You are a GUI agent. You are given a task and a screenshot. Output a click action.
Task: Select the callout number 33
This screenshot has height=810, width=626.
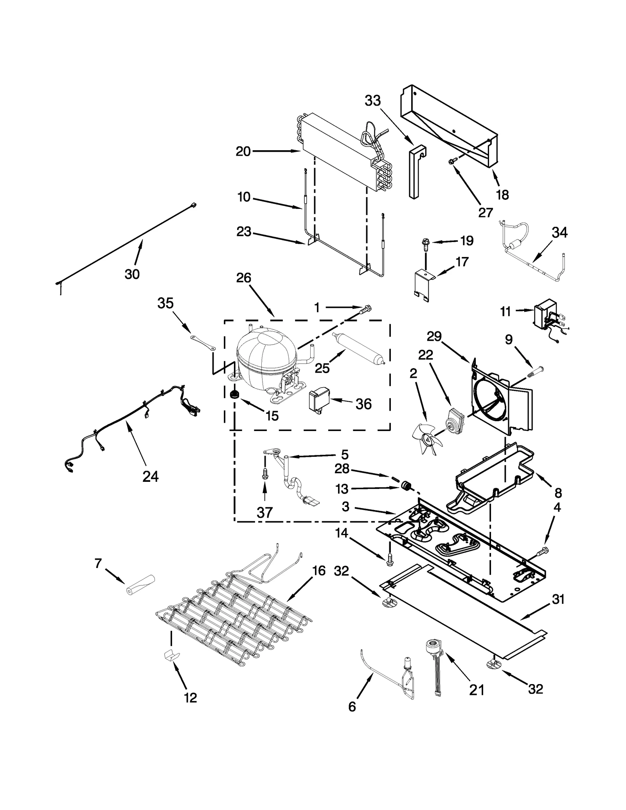(372, 101)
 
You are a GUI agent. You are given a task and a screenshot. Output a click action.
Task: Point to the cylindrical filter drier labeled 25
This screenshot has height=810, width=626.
(358, 348)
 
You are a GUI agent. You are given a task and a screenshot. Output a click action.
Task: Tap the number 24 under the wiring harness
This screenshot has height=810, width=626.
(151, 476)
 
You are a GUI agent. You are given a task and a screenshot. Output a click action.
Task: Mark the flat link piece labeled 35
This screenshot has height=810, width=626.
(203, 342)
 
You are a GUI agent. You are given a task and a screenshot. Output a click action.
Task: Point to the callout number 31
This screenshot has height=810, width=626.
(558, 599)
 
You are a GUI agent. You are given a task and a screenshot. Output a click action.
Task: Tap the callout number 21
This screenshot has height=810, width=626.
(477, 690)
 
